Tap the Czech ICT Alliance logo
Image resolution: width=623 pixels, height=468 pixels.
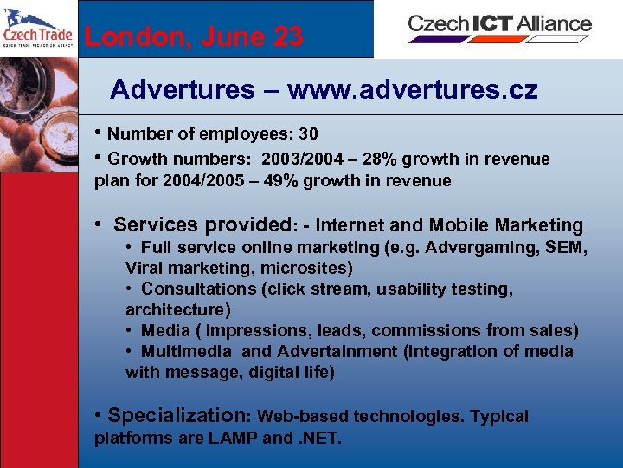point(499,26)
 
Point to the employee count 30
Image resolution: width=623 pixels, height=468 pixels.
point(308,134)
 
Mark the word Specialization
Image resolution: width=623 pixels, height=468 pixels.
point(178,415)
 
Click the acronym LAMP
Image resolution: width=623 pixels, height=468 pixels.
point(233,438)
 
